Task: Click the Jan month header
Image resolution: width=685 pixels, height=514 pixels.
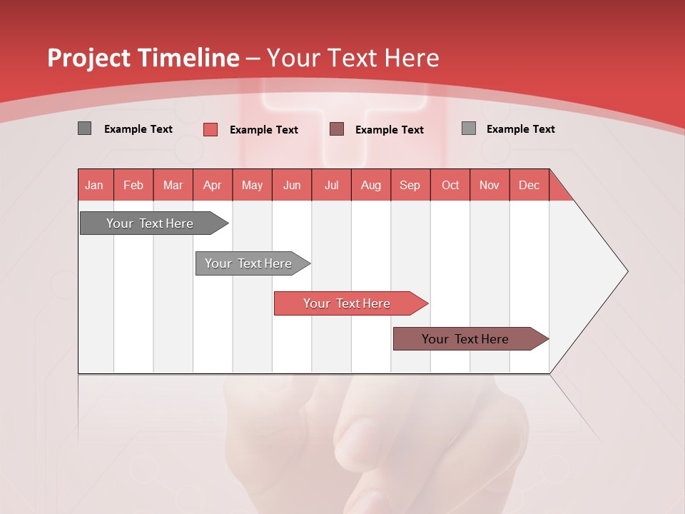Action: [x=95, y=185]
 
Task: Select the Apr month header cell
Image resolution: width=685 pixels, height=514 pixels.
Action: [x=213, y=185]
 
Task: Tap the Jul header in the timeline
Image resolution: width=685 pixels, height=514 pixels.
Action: [x=331, y=185]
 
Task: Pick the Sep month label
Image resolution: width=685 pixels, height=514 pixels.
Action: [x=410, y=185]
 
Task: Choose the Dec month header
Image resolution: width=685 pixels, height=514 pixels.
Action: [x=529, y=185]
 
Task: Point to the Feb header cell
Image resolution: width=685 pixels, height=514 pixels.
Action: [x=133, y=185]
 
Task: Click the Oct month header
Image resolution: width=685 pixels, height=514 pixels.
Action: [x=450, y=185]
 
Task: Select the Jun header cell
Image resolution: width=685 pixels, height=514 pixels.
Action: [x=292, y=185]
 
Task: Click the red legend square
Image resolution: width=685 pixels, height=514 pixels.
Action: [x=210, y=129]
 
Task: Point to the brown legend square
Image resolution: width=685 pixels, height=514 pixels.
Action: [x=337, y=129]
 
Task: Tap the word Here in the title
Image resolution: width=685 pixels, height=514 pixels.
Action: [x=412, y=58]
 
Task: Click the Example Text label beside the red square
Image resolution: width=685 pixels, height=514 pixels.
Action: [x=264, y=130]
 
